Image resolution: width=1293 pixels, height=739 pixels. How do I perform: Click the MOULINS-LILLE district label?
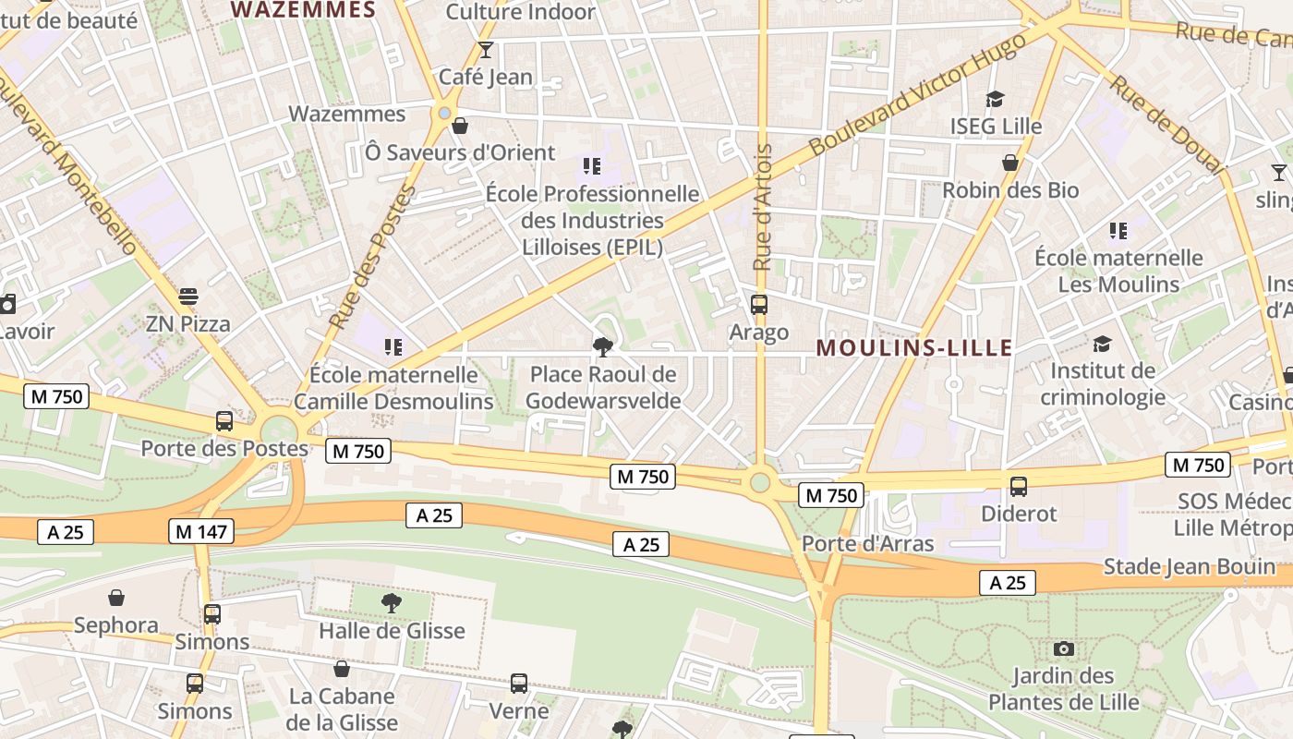pyautogui.click(x=914, y=348)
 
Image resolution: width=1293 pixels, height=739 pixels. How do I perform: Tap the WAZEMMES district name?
pyautogui.click(x=303, y=10)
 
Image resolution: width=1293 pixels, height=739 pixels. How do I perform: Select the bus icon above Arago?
pyautogui.click(x=759, y=304)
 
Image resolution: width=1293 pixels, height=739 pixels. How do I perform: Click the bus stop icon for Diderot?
pyautogui.click(x=1019, y=486)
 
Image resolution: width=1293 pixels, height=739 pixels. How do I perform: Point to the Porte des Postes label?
pyautogui.click(x=224, y=449)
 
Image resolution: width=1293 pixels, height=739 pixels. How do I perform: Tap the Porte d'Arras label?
pyautogui.click(x=867, y=543)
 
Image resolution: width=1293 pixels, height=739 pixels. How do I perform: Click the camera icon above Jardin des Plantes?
pyautogui.click(x=1064, y=648)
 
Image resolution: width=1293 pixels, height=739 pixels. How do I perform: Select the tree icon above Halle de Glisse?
pyautogui.click(x=392, y=603)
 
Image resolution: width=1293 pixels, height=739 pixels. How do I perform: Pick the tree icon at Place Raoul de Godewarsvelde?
pyautogui.click(x=603, y=347)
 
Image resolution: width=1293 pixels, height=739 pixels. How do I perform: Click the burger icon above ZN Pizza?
pyautogui.click(x=188, y=297)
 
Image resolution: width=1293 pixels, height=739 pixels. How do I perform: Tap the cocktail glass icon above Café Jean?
pyautogui.click(x=486, y=50)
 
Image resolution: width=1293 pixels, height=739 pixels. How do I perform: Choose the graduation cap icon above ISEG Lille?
pyautogui.click(x=996, y=99)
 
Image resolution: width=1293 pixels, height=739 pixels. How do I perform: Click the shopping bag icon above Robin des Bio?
pyautogui.click(x=1010, y=163)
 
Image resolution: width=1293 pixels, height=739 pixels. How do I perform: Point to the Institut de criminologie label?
pyautogui.click(x=1102, y=384)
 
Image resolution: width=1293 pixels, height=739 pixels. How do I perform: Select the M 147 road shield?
pyautogui.click(x=201, y=531)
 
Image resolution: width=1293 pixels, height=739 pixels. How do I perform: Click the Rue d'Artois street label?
pyautogui.click(x=763, y=207)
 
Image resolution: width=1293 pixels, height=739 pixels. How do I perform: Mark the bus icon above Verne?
pyautogui.click(x=519, y=684)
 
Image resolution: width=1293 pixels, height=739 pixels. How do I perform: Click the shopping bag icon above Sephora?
pyautogui.click(x=116, y=598)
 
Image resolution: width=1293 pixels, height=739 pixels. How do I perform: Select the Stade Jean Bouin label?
pyautogui.click(x=1189, y=566)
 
